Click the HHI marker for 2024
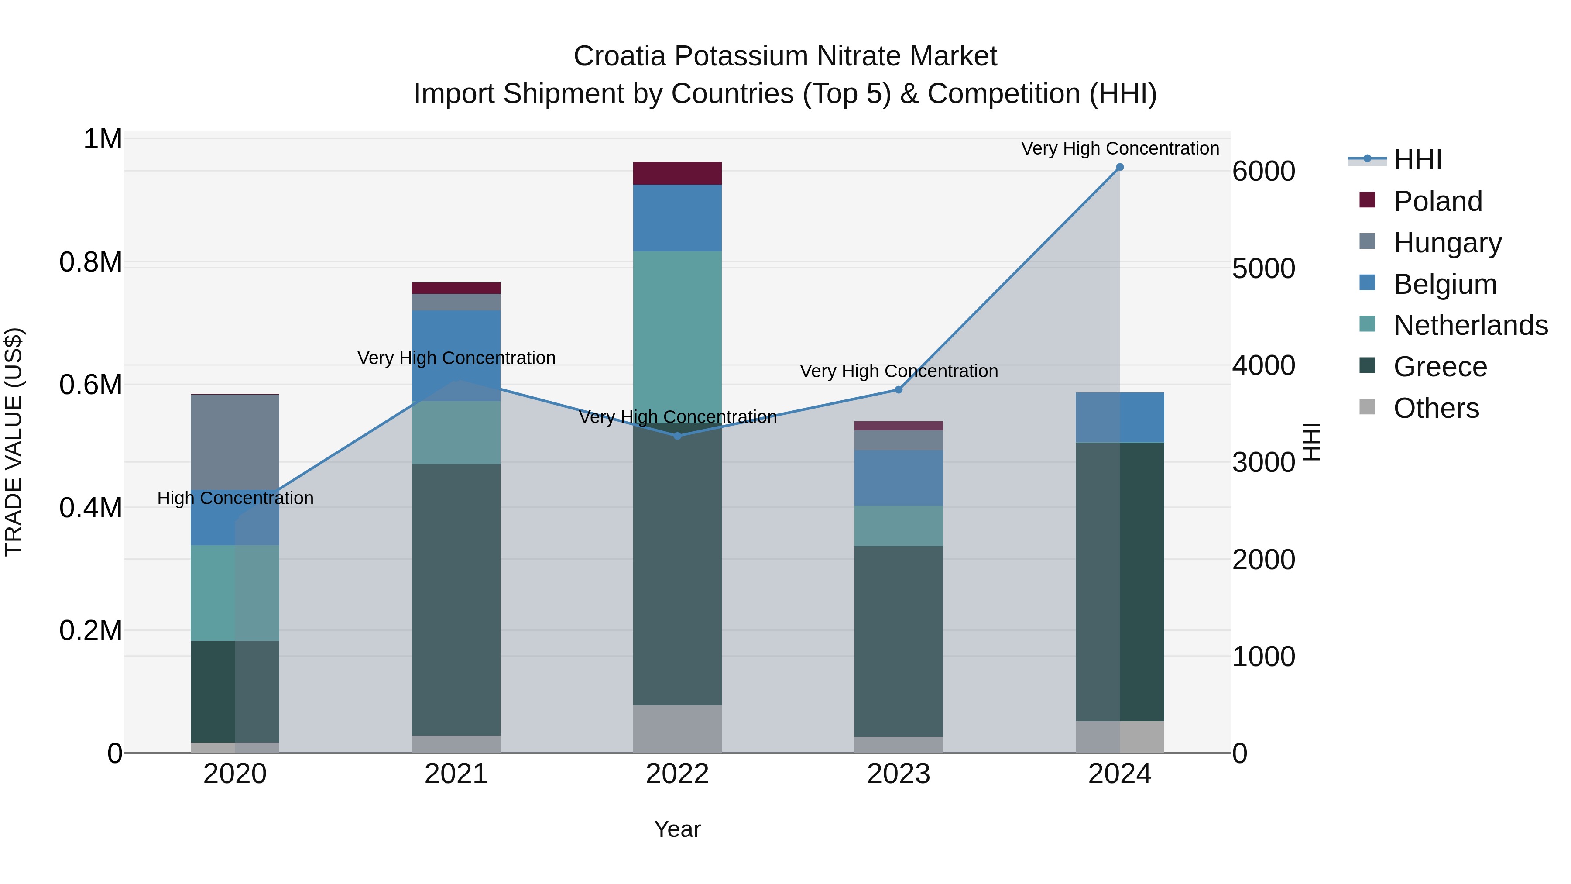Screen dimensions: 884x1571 [1120, 167]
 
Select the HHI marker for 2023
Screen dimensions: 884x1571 [899, 389]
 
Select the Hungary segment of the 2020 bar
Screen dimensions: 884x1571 [235, 442]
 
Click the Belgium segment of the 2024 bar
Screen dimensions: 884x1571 [1120, 417]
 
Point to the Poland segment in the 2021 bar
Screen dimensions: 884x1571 [456, 288]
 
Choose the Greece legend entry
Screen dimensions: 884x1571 [1440, 367]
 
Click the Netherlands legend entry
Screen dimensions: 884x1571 [1470, 325]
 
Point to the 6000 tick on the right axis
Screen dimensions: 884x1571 [1264, 172]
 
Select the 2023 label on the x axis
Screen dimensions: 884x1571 [899, 774]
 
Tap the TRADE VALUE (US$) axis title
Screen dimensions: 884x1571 [14, 442]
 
